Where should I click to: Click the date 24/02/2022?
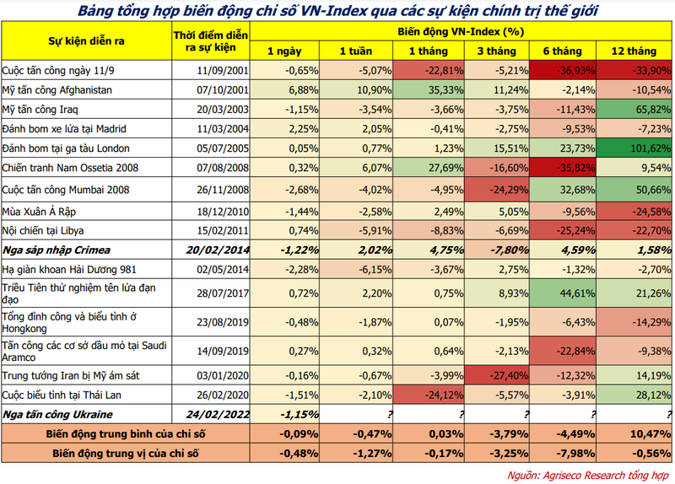(218, 415)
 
